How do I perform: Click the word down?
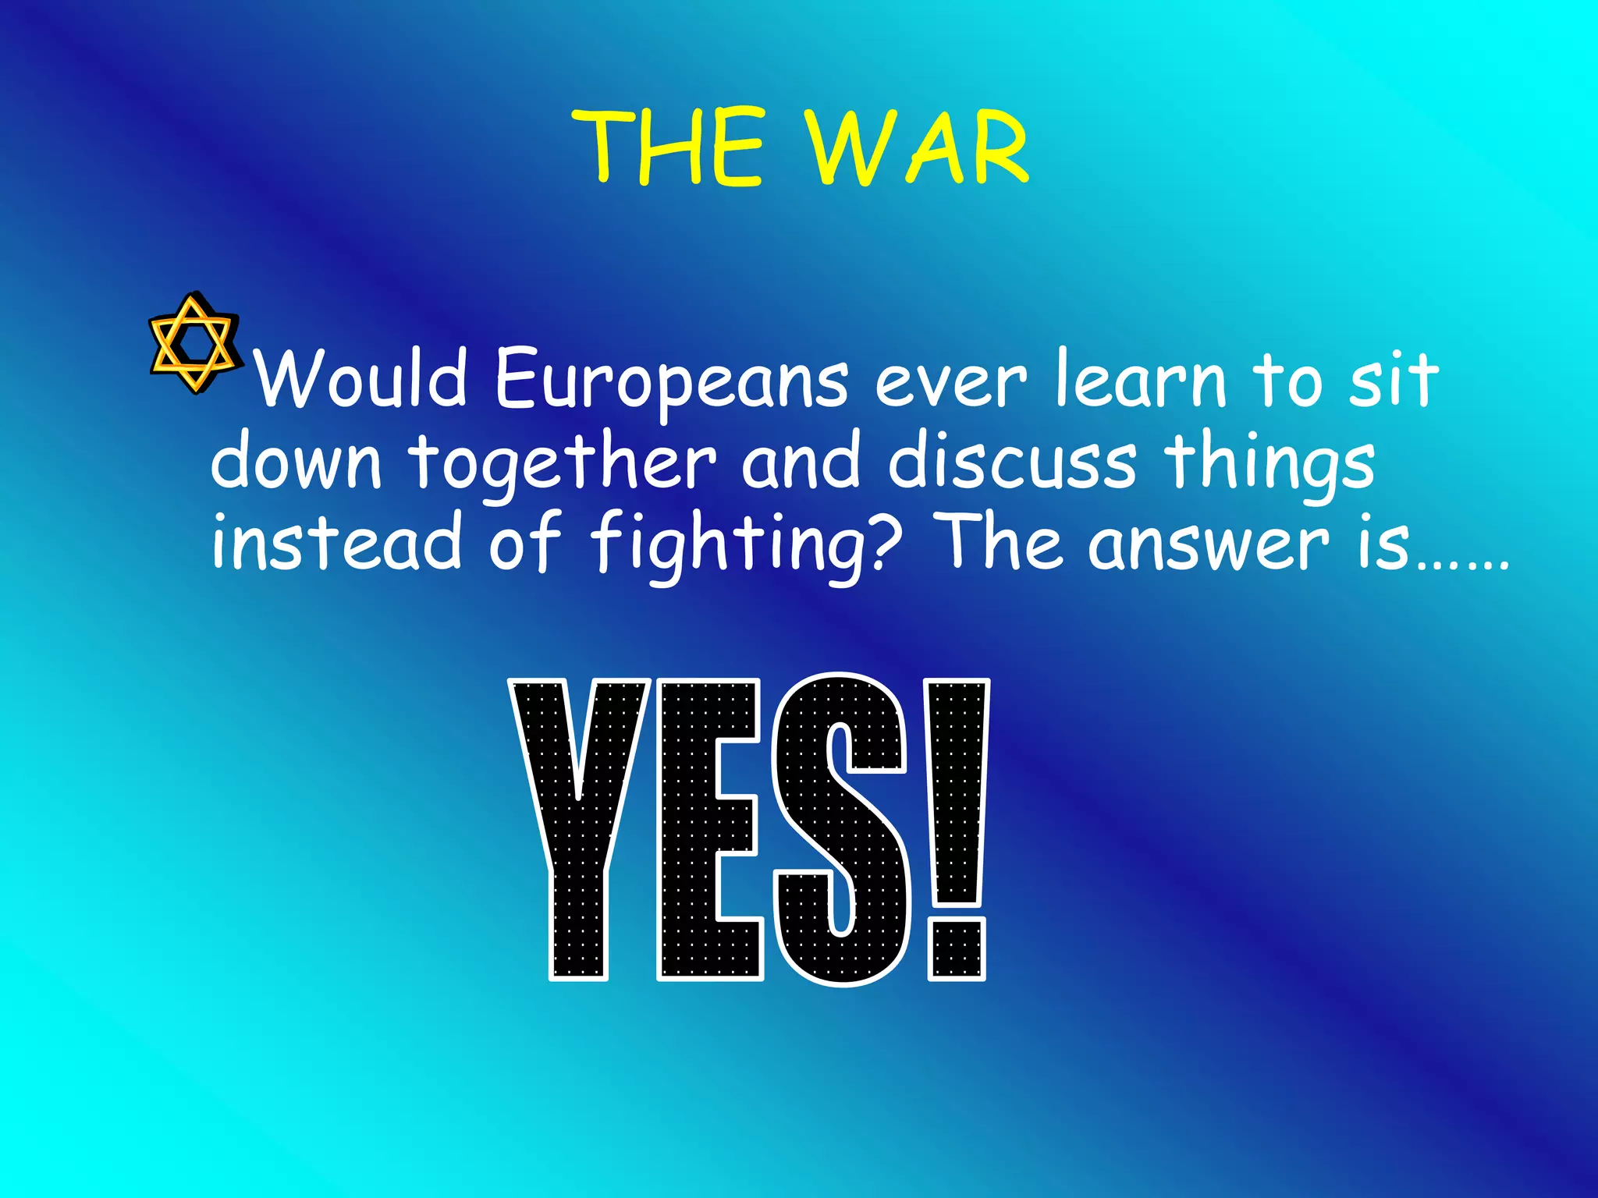pyautogui.click(x=297, y=462)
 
